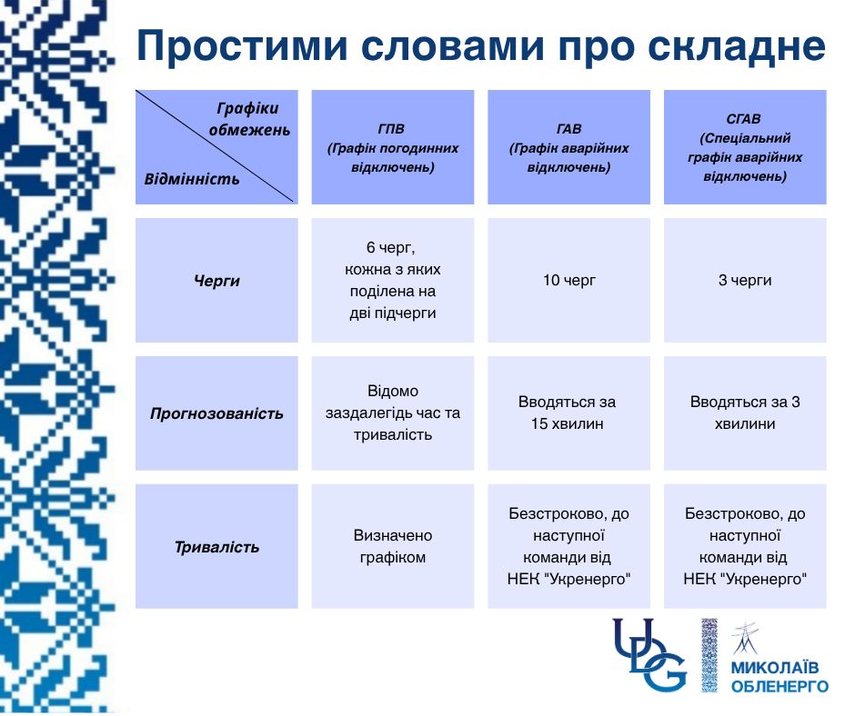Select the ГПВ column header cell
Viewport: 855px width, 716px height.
point(393,147)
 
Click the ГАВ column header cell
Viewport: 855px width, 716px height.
point(568,147)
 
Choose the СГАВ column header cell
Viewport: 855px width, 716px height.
point(745,147)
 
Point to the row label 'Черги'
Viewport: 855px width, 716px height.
point(216,281)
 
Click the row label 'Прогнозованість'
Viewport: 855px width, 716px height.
point(216,413)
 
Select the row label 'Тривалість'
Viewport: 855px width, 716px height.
point(216,547)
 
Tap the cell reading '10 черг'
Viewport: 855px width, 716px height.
point(568,281)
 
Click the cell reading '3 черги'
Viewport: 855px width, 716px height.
point(745,281)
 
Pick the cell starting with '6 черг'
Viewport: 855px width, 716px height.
point(393,281)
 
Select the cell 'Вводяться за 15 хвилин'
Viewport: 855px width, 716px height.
point(568,413)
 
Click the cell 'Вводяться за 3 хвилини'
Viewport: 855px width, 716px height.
point(745,413)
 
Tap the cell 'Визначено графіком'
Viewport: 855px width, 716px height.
point(393,547)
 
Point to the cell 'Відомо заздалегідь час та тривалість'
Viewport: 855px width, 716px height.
point(393,413)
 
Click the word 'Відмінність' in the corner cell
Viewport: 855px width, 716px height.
point(192,178)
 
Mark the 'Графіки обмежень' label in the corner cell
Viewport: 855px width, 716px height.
point(249,119)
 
